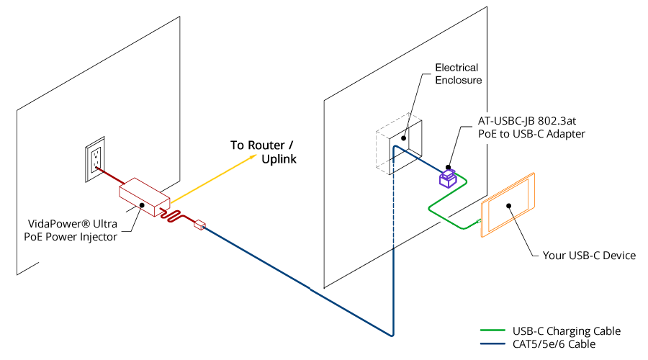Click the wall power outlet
tap(94, 159)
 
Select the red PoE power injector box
tap(144, 195)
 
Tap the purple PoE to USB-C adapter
tap(448, 177)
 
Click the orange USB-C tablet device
tap(508, 204)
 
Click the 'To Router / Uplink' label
tap(262, 152)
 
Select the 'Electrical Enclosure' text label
tap(456, 73)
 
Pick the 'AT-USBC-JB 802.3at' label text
tap(531, 121)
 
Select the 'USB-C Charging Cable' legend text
tap(567, 331)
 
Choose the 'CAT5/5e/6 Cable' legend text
tap(554, 344)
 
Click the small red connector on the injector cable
tap(200, 226)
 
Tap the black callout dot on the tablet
tap(509, 206)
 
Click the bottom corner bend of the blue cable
tap(392, 335)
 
